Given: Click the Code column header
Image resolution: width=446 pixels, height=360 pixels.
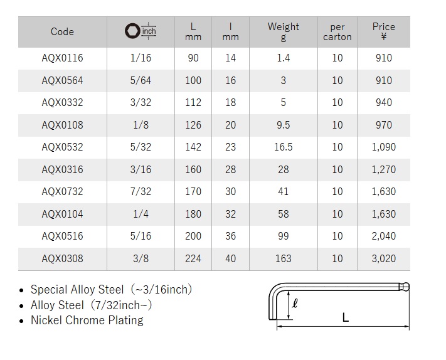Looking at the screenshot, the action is tap(62, 31).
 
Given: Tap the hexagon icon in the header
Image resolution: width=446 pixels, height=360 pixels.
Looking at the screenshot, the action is tap(132, 31).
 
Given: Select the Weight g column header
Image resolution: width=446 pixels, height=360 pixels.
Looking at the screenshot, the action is tap(284, 31).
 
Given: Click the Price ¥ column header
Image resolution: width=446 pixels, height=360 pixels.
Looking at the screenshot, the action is tap(384, 31).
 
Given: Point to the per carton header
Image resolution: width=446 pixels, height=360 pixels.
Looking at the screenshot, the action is tap(337, 32).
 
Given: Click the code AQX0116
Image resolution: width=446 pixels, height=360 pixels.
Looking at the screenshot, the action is tap(62, 58).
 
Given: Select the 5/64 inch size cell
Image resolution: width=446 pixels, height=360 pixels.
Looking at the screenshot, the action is tap(141, 80).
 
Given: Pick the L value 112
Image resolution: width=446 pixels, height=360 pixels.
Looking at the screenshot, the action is tap(193, 102).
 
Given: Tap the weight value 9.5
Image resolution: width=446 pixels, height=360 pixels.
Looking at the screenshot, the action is tap(284, 125).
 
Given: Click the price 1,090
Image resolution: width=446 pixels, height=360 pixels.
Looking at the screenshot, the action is tap(384, 147).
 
